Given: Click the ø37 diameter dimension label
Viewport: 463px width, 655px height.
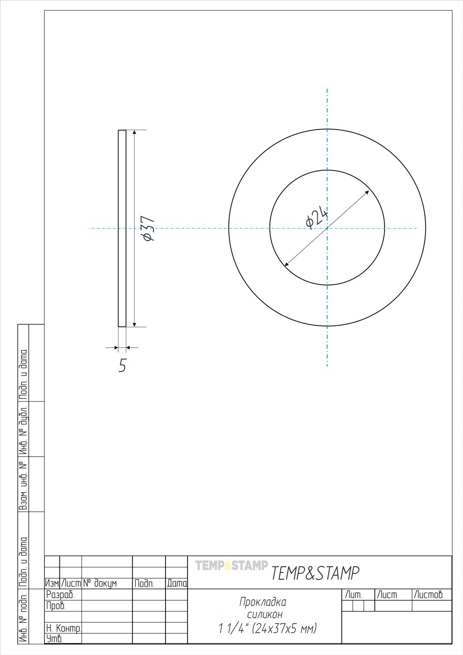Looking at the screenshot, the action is [149, 228].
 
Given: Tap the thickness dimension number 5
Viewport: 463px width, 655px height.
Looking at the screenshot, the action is [122, 365].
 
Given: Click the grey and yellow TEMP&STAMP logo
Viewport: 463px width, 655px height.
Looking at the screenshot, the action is [231, 565].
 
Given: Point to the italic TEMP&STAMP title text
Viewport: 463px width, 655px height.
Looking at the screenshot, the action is [315, 573].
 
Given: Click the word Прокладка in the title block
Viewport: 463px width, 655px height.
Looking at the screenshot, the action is [263, 602].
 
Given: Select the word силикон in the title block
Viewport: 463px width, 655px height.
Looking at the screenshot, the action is [265, 615].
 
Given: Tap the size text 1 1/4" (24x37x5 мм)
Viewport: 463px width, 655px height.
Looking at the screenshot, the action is [268, 628].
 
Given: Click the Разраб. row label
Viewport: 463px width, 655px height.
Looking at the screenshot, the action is [60, 595].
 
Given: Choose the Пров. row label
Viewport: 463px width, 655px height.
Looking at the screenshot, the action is [56, 606].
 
